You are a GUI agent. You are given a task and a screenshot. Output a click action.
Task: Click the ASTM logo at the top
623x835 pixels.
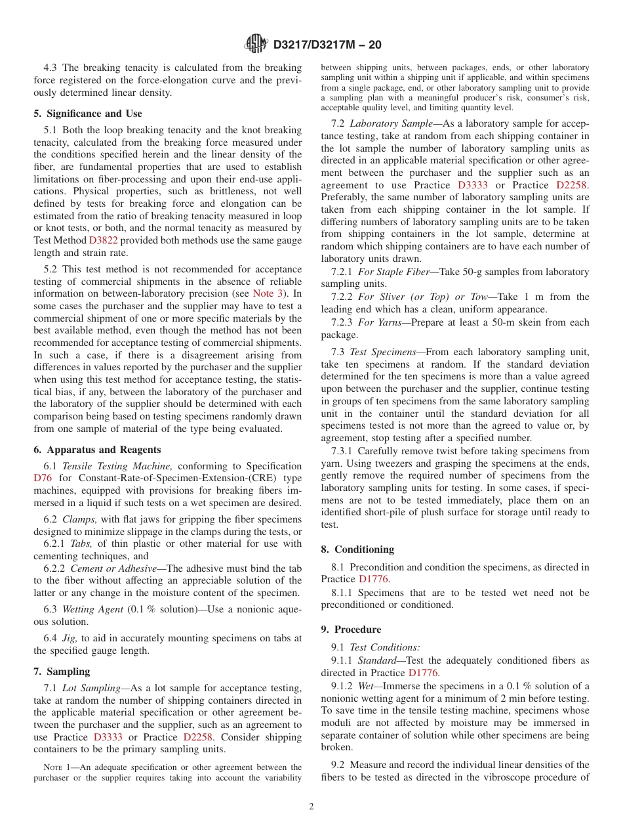(256, 44)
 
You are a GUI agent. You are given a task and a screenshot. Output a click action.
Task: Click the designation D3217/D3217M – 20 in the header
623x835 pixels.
(327, 45)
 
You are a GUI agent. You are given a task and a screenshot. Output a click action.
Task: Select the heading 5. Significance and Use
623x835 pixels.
(87, 114)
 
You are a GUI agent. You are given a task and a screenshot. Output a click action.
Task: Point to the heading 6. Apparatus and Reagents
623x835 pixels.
(97, 450)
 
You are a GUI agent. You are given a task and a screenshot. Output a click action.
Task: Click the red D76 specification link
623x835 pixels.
(43, 478)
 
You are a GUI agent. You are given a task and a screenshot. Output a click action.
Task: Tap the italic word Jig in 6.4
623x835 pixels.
(69, 638)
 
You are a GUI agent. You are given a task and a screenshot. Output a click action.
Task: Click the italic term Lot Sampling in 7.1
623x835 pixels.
(89, 688)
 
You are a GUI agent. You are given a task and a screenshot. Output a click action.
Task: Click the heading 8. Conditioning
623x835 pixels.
(357, 549)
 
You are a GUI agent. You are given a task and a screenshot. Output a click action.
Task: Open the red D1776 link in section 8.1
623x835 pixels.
(373, 579)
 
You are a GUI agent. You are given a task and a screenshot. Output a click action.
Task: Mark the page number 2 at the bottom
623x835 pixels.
(311, 807)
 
